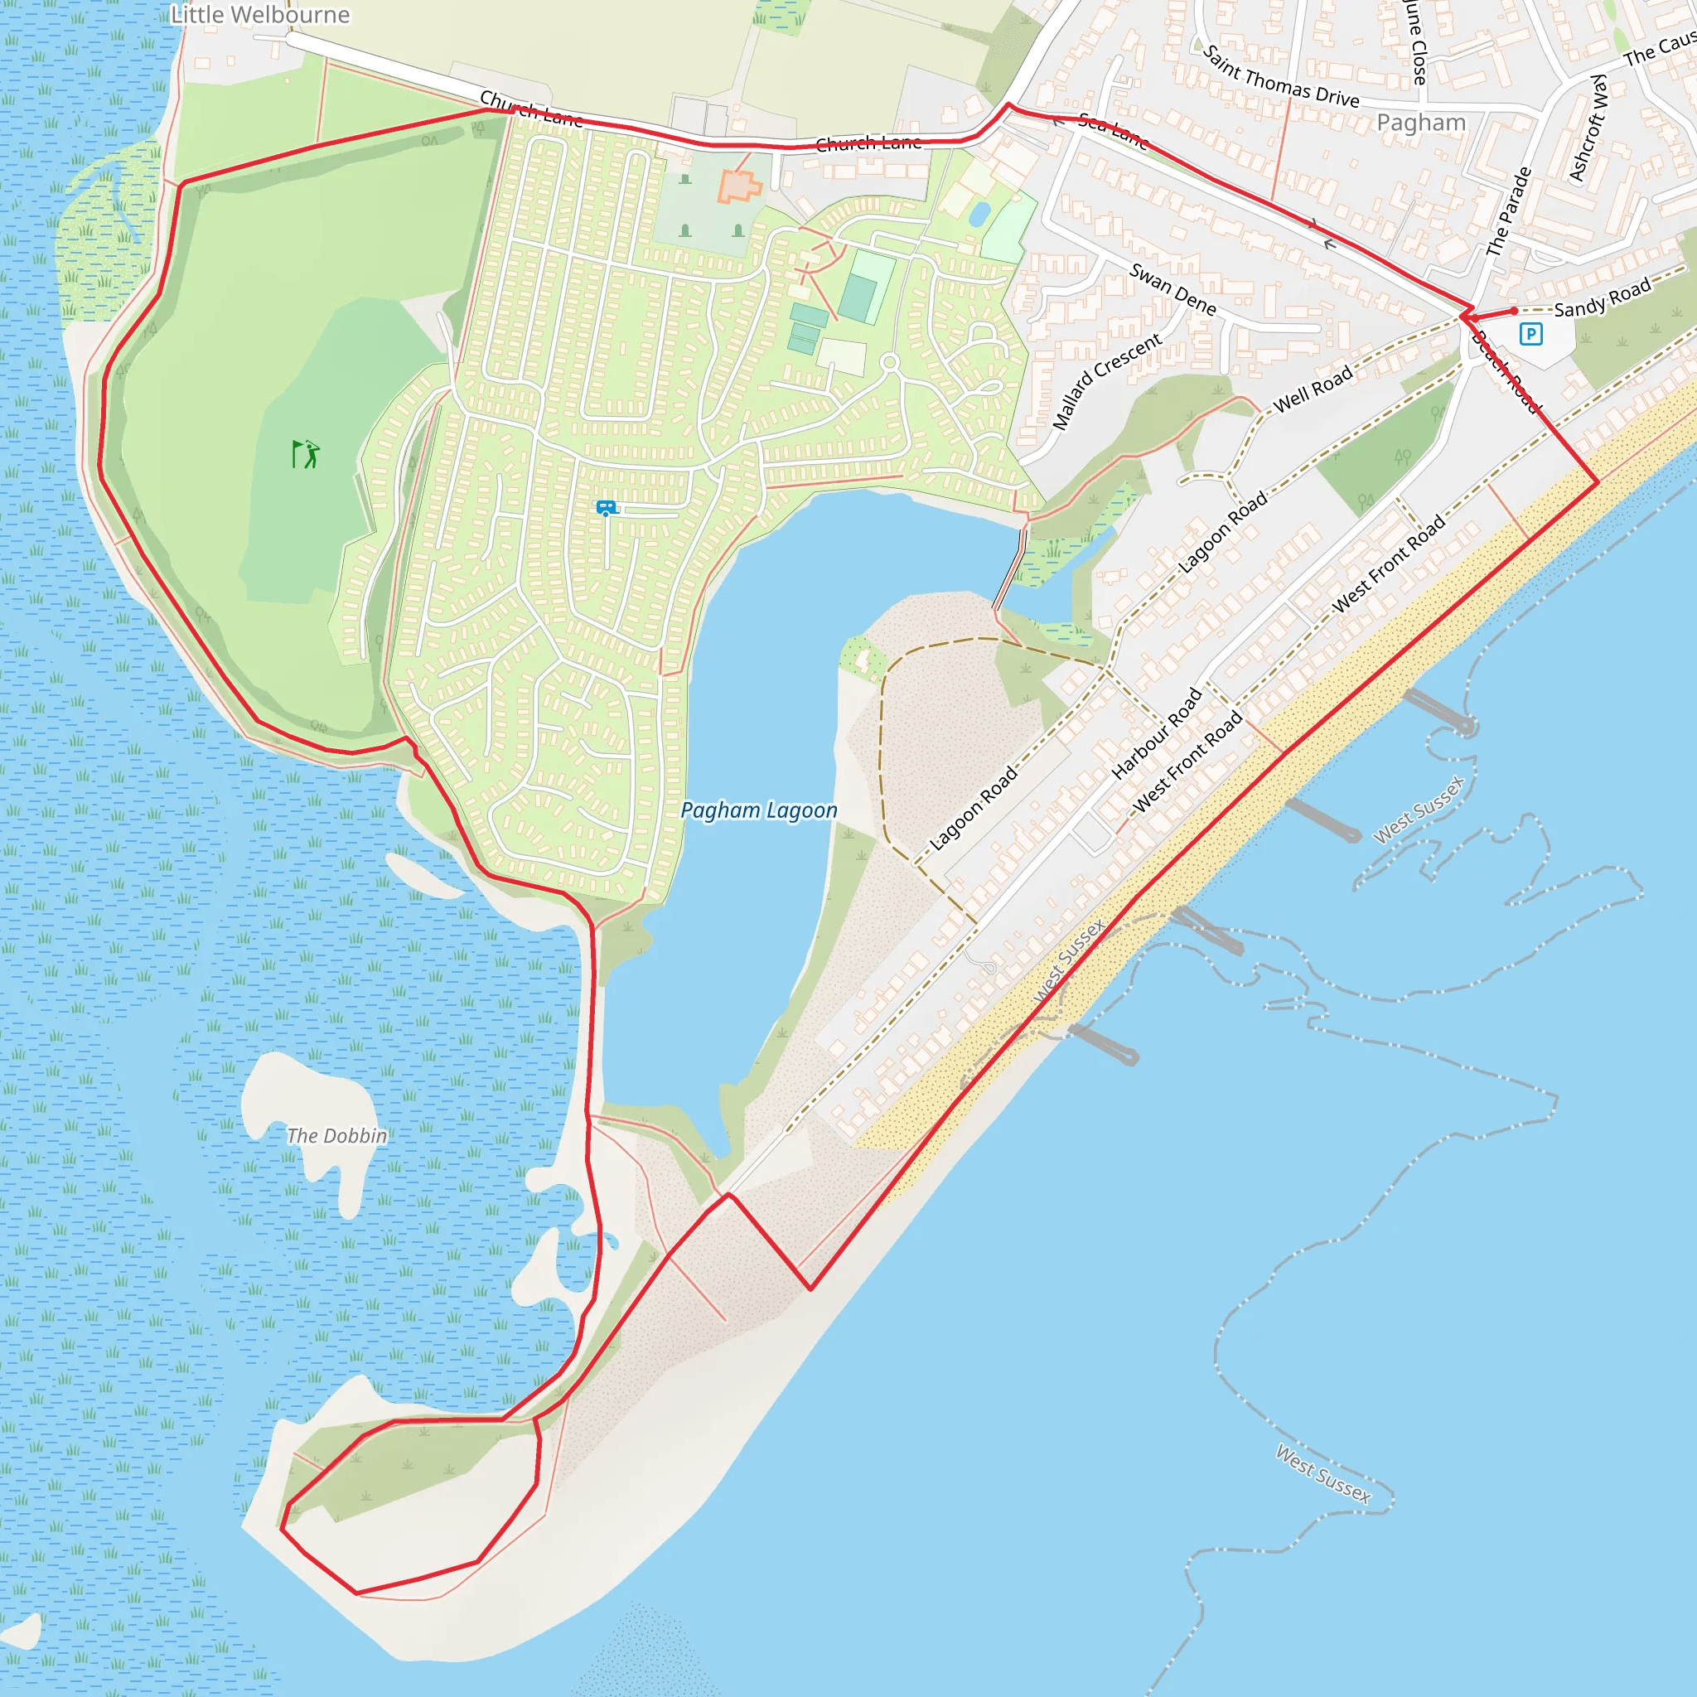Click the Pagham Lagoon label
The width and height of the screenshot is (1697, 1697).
tap(759, 810)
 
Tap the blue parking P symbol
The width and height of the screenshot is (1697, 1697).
tap(1531, 334)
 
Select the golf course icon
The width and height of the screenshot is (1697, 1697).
tap(305, 454)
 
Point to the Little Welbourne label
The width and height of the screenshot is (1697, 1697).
tap(260, 15)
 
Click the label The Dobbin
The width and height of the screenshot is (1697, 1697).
tap(336, 1136)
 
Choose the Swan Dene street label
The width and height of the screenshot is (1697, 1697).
tap(1172, 289)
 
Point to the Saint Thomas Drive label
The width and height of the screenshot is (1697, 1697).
tap(1281, 77)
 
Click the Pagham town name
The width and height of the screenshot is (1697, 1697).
tap(1421, 122)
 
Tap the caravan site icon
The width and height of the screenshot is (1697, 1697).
tap(606, 508)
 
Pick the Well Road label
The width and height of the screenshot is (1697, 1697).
tap(1313, 389)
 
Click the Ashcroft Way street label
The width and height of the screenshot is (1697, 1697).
tap(1588, 128)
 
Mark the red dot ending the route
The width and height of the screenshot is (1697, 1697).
tap(1515, 311)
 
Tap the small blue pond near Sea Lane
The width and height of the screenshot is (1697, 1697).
tap(979, 214)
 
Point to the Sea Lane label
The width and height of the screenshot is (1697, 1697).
tap(1113, 131)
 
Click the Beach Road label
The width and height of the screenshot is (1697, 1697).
tap(1505, 371)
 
